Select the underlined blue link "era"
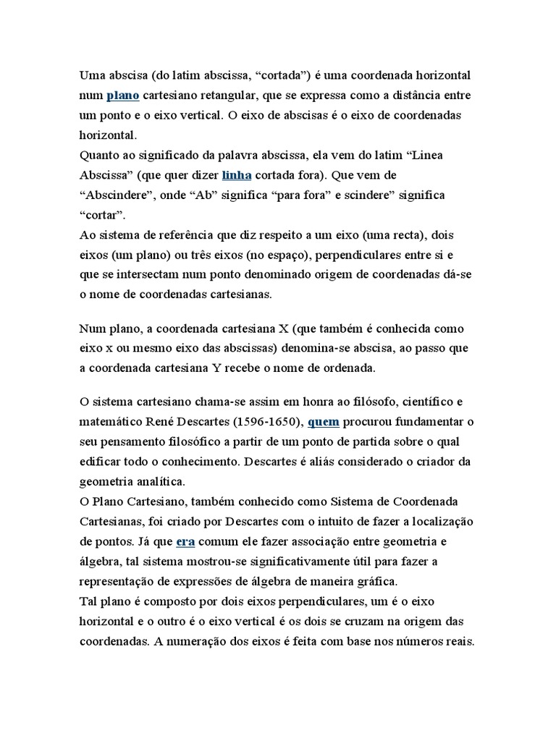click(x=186, y=541)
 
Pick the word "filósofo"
click(x=355, y=401)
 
